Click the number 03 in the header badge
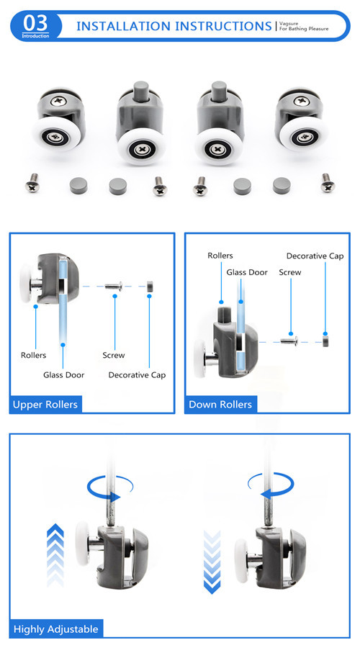35,23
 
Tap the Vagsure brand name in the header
289,24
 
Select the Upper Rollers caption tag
45,404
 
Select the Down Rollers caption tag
220,404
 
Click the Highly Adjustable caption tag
55,629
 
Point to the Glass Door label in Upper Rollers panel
63,375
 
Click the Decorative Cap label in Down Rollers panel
315,256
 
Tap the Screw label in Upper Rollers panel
114,355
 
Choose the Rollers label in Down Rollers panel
220,256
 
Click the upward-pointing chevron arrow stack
55,554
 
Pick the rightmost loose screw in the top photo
328,183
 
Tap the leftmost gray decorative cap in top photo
78,186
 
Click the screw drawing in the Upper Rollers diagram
114,286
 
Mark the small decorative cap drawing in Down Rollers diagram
325,341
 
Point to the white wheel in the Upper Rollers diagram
27,282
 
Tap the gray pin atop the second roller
141,90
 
